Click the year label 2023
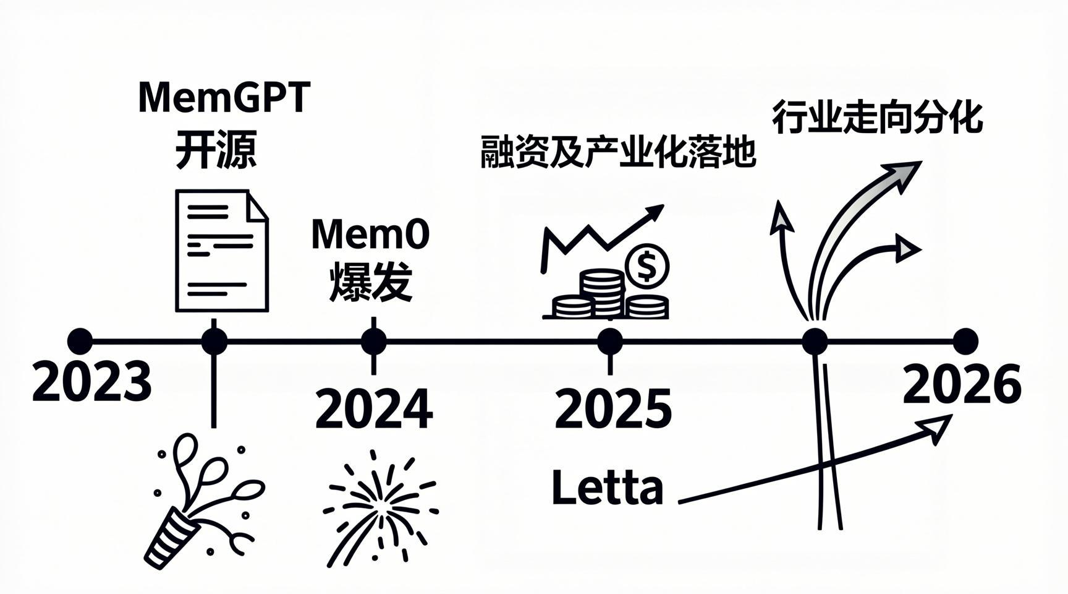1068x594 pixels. [x=91, y=382]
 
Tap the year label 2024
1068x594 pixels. [x=374, y=408]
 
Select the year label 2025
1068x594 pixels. [x=612, y=408]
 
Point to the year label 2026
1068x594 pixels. [x=962, y=384]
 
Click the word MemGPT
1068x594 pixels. [x=224, y=97]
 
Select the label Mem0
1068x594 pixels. [x=370, y=234]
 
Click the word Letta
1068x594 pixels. [x=607, y=488]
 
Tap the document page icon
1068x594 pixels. [x=222, y=251]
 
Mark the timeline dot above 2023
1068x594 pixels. [x=80, y=341]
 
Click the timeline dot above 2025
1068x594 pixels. [x=610, y=341]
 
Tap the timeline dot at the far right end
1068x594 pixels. [x=965, y=341]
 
